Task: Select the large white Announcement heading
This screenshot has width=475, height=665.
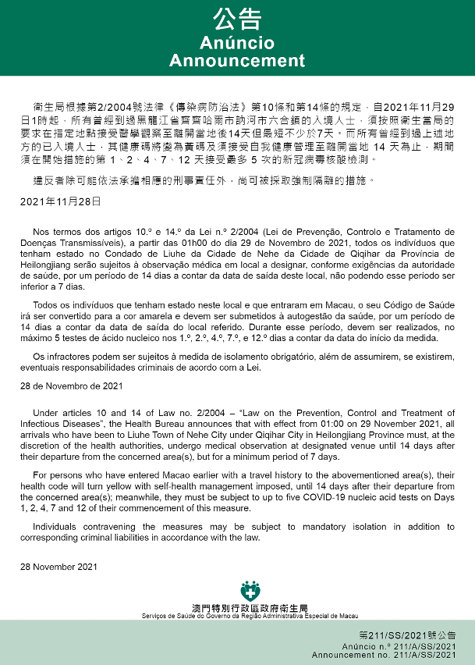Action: click(236, 61)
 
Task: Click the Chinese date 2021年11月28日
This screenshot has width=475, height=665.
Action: click(61, 201)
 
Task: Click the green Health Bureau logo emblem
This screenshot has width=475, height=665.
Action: click(250, 589)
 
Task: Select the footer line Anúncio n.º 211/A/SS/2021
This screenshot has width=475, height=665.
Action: click(399, 647)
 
